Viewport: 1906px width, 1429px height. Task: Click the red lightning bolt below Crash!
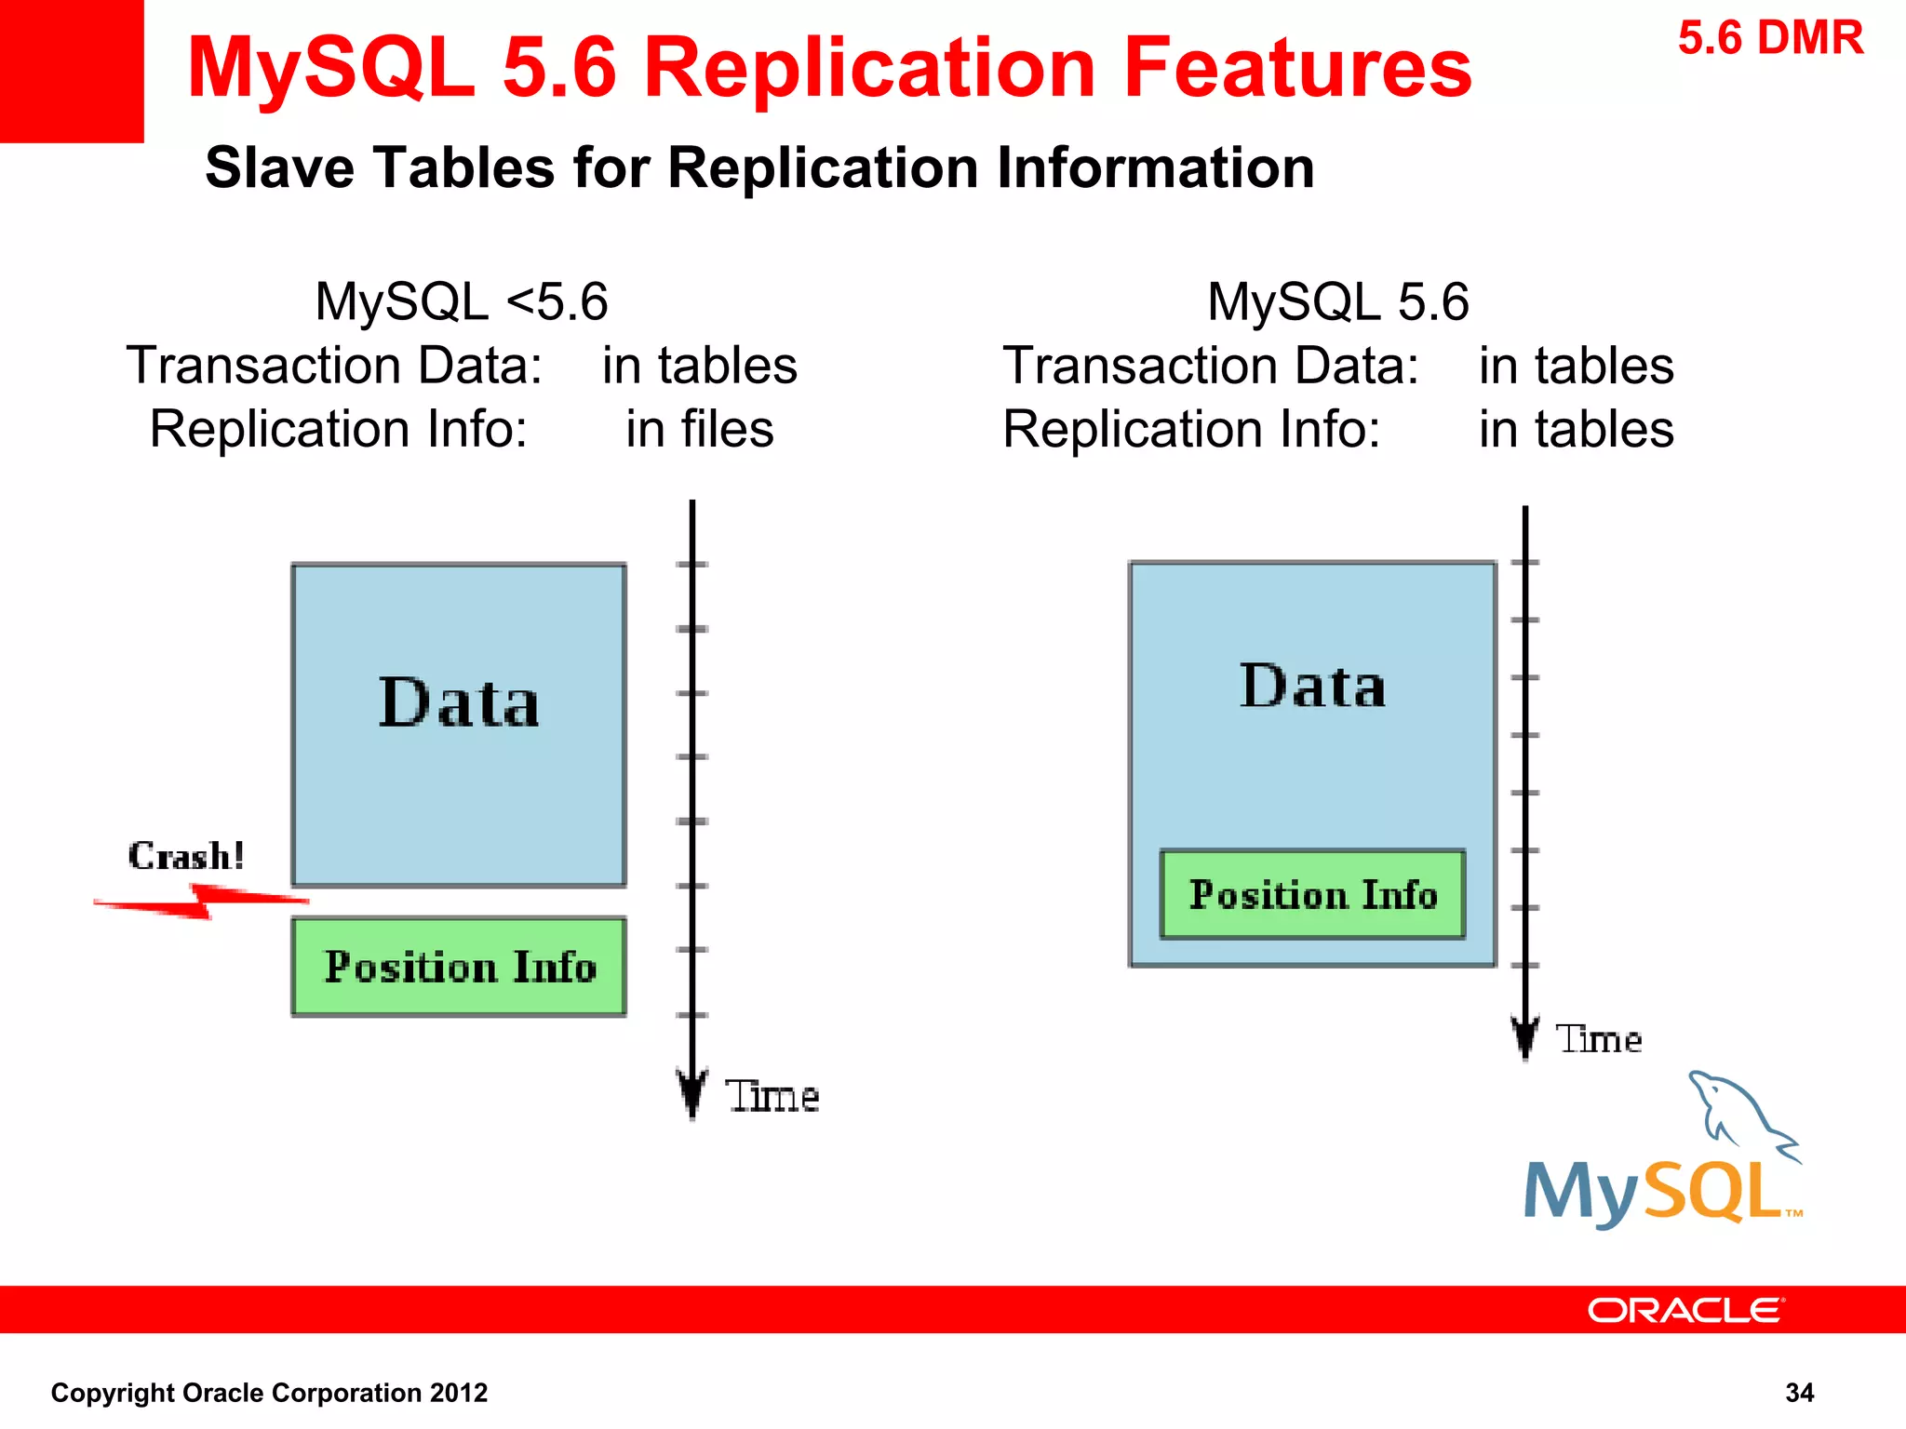pos(201,901)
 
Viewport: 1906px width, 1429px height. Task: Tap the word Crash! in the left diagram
pos(186,856)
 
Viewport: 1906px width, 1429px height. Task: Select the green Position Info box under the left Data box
pos(459,967)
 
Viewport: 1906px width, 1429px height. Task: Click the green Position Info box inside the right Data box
pos(1312,894)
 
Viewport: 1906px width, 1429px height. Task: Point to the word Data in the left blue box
pos(459,702)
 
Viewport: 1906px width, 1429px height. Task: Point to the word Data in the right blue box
pos(1312,687)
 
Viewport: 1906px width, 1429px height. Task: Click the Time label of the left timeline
pos(772,1096)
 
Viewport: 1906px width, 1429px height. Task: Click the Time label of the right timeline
pos(1598,1039)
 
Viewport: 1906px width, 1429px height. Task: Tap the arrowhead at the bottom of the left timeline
pos(691,1093)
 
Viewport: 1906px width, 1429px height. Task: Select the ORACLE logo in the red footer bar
pos(1685,1310)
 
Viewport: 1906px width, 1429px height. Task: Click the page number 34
pos(1799,1393)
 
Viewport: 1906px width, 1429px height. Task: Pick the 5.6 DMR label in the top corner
pos(1770,39)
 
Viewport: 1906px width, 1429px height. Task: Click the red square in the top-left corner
pos(71,71)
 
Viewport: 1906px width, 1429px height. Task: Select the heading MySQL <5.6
pos(462,301)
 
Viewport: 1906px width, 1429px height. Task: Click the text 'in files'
pos(699,429)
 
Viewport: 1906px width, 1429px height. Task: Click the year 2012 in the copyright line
pos(458,1393)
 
